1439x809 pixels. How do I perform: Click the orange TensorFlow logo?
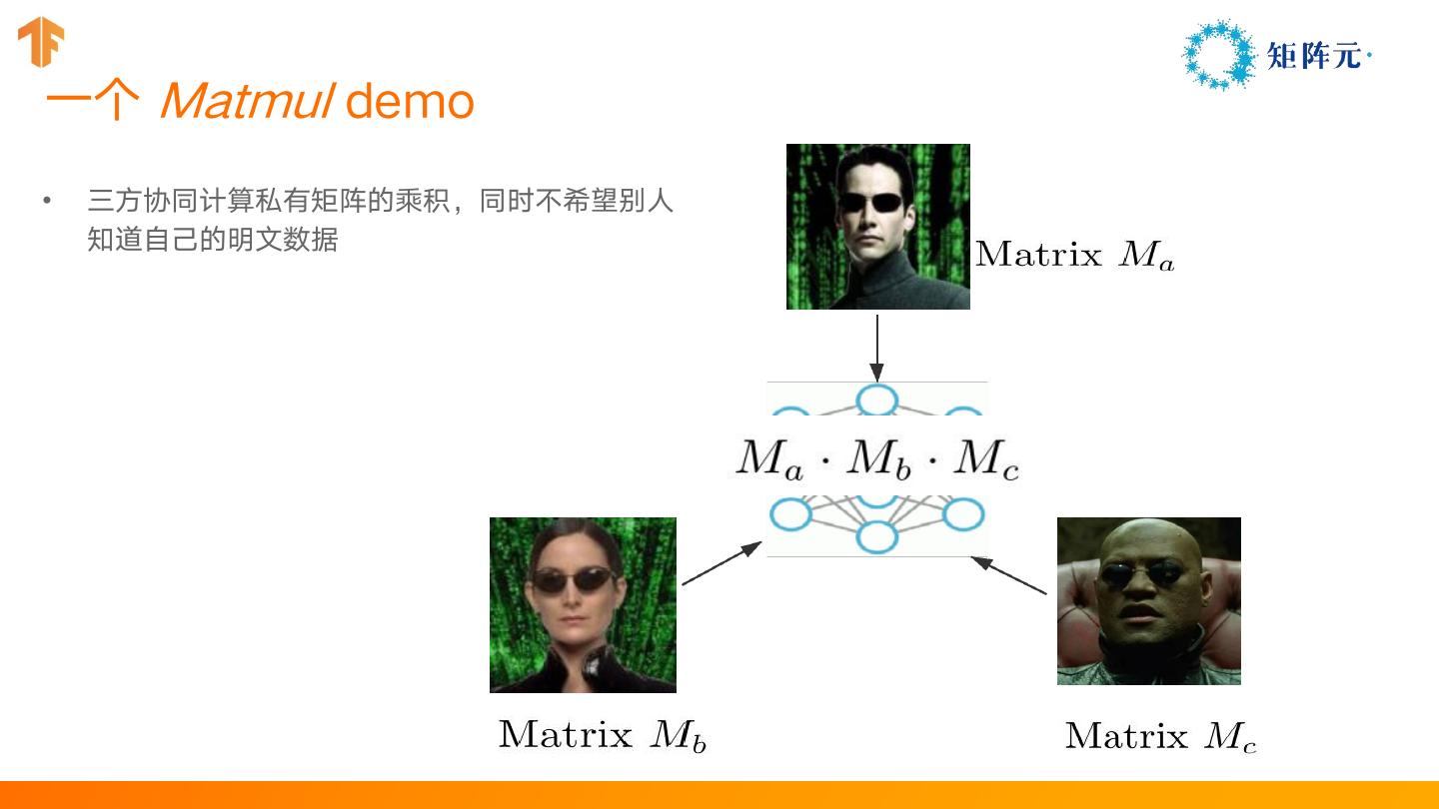[41, 43]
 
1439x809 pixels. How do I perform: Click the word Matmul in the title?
[246, 101]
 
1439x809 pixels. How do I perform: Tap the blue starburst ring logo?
[1218, 55]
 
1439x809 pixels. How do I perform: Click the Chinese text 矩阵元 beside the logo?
[1314, 56]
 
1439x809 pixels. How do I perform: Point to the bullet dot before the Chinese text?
[46, 201]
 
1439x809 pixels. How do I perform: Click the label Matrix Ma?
[1074, 255]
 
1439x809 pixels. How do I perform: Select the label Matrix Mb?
[602, 735]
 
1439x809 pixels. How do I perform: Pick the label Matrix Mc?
[1160, 736]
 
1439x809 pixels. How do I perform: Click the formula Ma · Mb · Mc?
[877, 460]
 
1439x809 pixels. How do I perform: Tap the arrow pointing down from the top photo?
[876, 347]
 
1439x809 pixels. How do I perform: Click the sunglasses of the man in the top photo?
[870, 203]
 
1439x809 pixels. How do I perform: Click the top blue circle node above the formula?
[876, 399]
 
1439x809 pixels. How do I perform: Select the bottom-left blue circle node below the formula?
[790, 514]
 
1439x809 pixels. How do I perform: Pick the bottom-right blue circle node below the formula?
[963, 514]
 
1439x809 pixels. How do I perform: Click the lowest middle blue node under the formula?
[876, 536]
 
